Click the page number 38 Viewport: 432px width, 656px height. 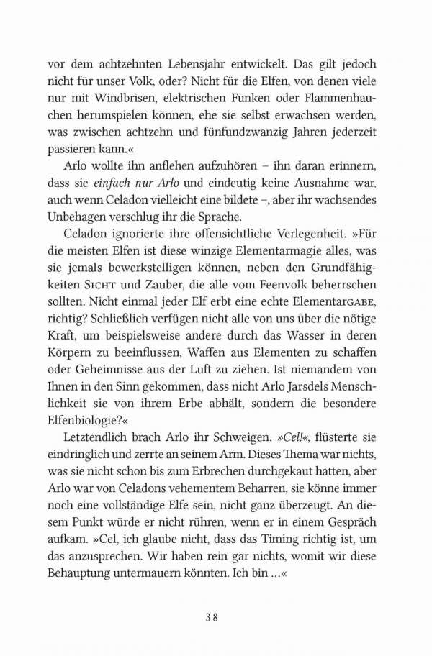[216, 616]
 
